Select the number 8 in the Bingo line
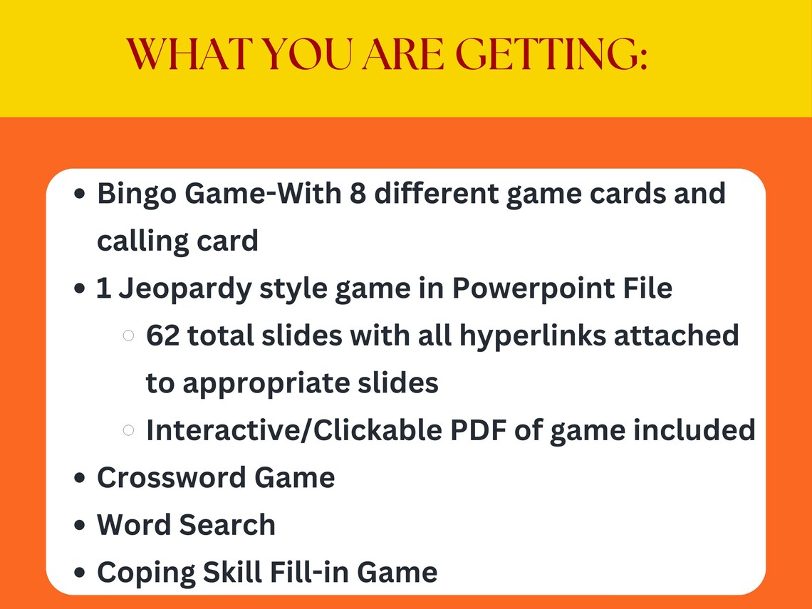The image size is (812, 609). [x=358, y=193]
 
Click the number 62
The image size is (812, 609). [x=164, y=335]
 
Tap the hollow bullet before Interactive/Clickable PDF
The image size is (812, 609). [x=129, y=430]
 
